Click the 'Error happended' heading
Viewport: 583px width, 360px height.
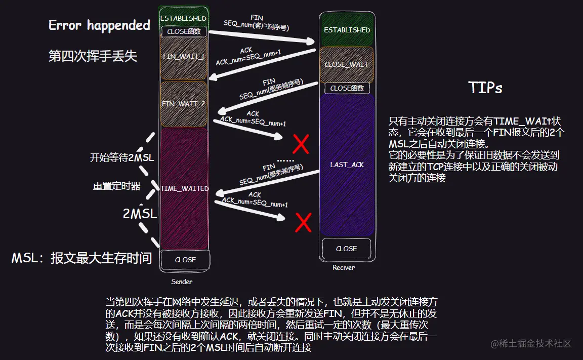[99, 25]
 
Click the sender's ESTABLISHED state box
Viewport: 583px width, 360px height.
[183, 18]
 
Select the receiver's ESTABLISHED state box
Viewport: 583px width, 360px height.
[347, 30]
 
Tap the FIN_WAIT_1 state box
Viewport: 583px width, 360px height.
[184, 57]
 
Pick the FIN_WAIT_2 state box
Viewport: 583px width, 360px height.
[184, 104]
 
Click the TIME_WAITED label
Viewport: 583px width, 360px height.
[184, 188]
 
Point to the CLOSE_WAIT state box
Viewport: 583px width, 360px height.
[347, 64]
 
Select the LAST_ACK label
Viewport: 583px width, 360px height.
[347, 165]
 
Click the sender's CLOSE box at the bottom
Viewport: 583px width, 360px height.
[185, 260]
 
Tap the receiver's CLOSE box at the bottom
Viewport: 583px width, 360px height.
[346, 249]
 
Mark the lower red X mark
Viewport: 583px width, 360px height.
[303, 222]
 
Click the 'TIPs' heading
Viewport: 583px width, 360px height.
[485, 88]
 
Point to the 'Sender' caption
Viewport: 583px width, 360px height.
[182, 282]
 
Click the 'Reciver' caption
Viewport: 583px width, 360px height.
[343, 267]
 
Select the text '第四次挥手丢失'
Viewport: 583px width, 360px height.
[93, 56]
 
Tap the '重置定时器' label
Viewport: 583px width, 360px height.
[116, 186]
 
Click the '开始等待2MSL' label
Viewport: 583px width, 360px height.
[121, 158]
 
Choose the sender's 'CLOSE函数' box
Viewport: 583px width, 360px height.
[184, 31]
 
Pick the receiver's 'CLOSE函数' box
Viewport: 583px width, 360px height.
[347, 88]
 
